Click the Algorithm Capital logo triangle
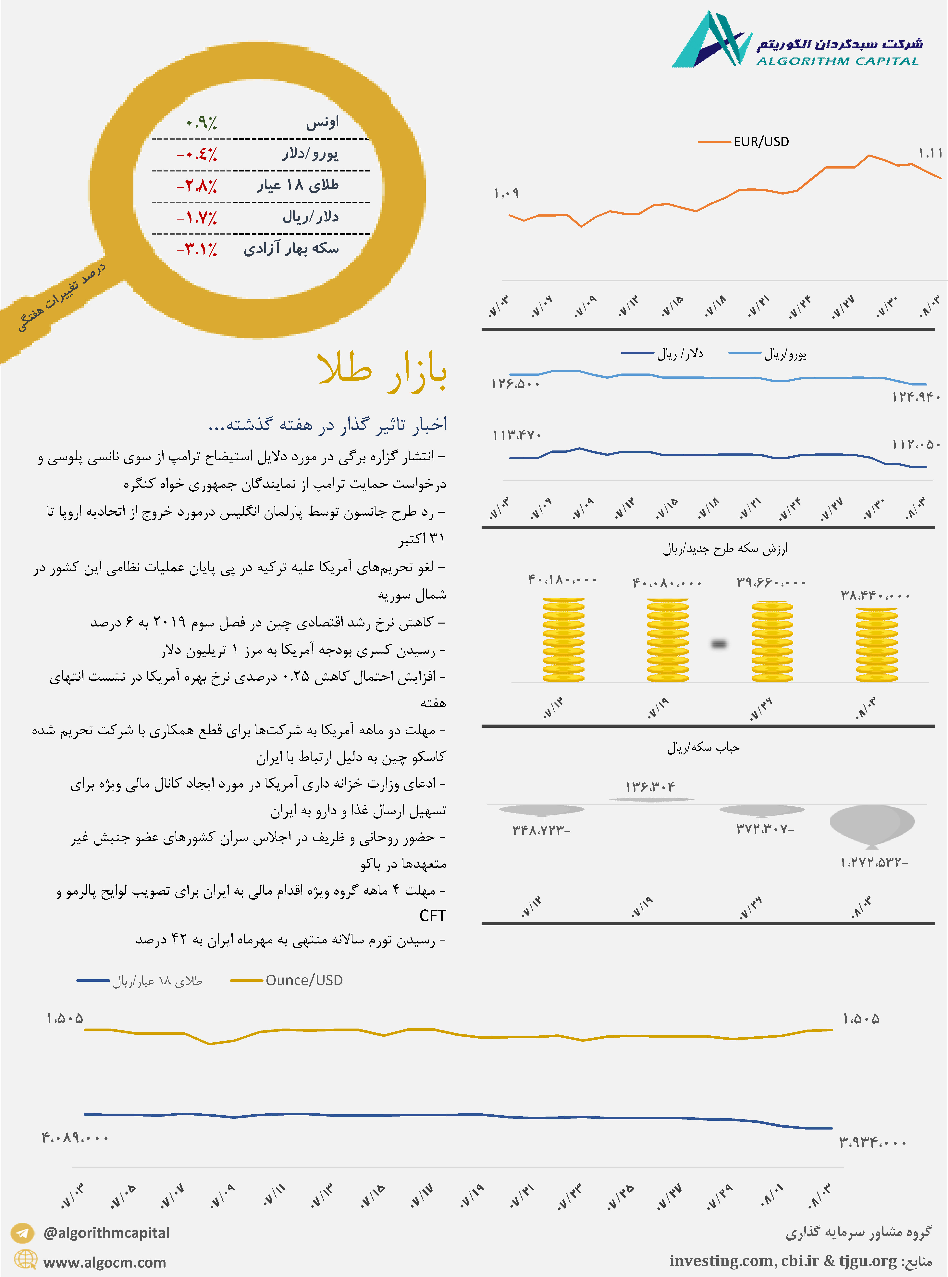(712, 40)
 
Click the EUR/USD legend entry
(744, 142)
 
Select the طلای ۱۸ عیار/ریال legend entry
(140, 981)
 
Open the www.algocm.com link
(105, 1262)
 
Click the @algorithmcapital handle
(106, 1233)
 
